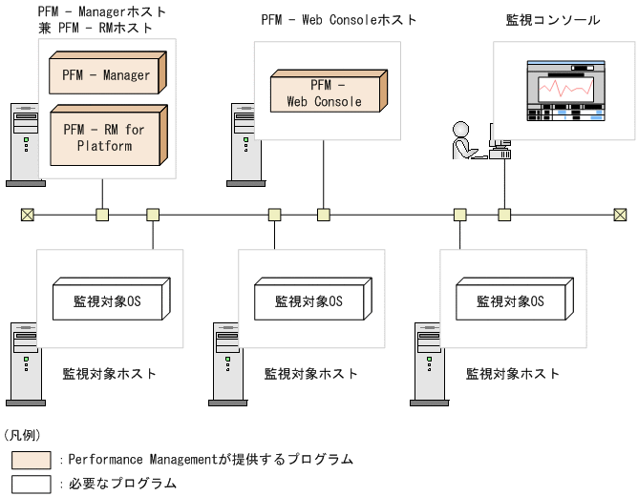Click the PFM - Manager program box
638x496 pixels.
pyautogui.click(x=105, y=73)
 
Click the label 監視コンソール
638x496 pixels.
pyautogui.click(x=553, y=19)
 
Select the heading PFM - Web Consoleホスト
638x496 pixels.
pyautogui.click(x=339, y=19)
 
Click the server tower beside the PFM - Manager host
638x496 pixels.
pyautogui.click(x=20, y=144)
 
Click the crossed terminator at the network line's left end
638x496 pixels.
pyautogui.click(x=27, y=215)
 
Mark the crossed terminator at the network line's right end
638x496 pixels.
pyautogui.click(x=620, y=215)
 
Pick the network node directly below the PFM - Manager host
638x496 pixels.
pyautogui.click(x=102, y=215)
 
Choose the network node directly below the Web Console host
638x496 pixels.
pyautogui.click(x=323, y=215)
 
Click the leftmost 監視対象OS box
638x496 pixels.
pyautogui.click(x=107, y=301)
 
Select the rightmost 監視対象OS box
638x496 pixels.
pyautogui.click(x=510, y=301)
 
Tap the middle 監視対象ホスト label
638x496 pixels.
pyautogui.click(x=311, y=374)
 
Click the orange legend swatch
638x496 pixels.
pyautogui.click(x=31, y=460)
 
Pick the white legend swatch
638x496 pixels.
pyautogui.click(x=31, y=484)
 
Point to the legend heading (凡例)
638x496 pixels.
pyautogui.click(x=23, y=435)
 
